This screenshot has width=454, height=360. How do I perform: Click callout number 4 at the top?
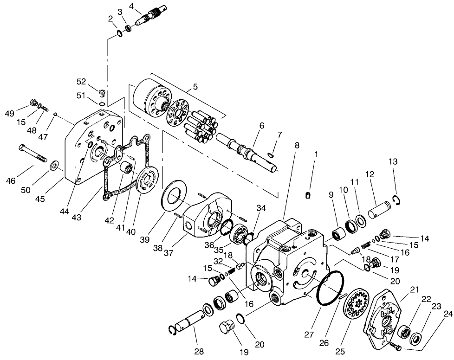132,6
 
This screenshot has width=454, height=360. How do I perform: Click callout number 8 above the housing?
297,145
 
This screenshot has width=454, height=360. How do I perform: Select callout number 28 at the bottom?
199,351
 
